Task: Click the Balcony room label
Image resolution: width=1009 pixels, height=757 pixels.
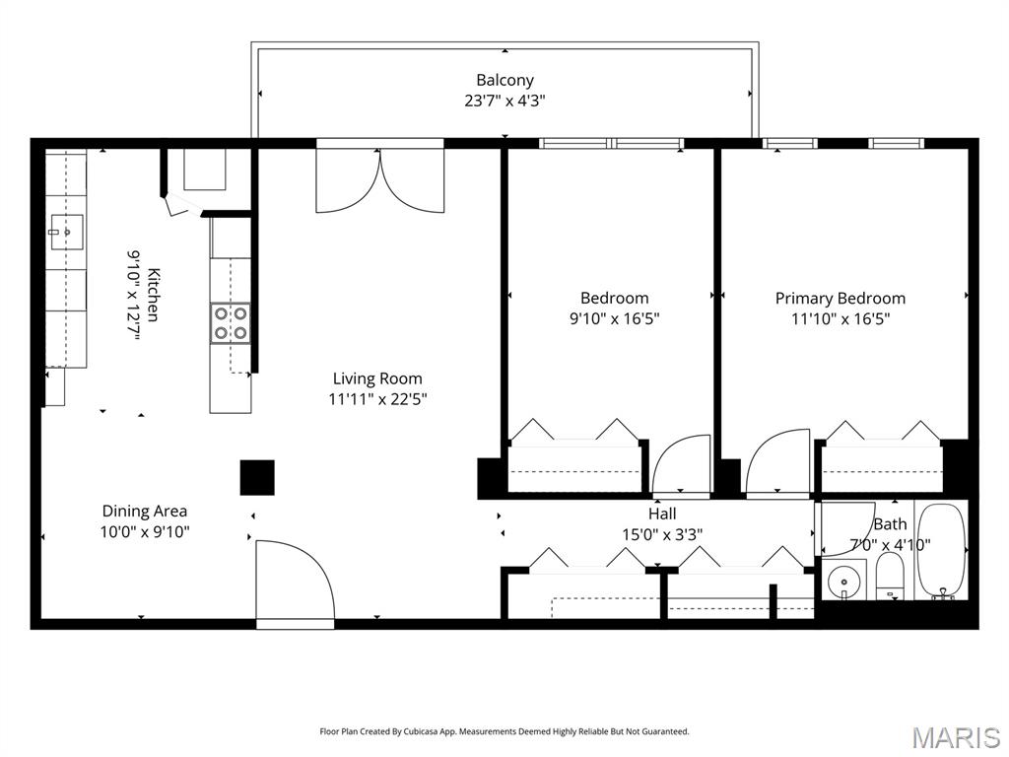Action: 504,80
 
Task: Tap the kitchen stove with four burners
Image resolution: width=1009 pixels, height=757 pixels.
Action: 231,323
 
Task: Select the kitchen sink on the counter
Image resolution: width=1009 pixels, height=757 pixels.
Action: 66,232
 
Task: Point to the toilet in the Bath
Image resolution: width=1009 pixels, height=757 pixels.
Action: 891,577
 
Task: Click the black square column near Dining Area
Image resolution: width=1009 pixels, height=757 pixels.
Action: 257,478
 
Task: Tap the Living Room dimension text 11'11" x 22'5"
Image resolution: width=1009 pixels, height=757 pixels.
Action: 377,399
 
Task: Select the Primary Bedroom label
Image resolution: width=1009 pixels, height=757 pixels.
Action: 840,298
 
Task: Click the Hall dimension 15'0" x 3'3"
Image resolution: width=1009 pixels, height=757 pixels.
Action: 662,534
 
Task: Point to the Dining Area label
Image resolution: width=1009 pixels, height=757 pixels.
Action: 145,512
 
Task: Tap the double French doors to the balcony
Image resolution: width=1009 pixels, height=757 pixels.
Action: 379,180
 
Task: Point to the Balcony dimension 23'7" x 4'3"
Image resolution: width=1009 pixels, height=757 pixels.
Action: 504,101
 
